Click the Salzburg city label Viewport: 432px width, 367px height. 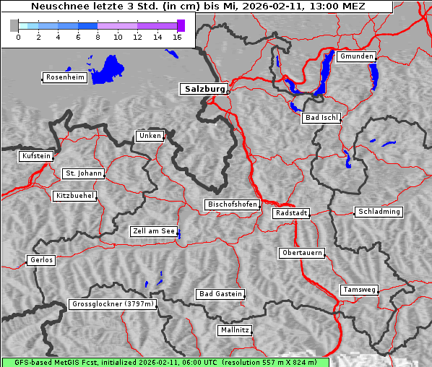coord(203,89)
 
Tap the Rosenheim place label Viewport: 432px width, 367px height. coord(64,77)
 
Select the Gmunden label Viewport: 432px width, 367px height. coord(356,56)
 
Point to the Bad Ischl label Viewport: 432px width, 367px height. coord(321,118)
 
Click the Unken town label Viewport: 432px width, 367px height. coord(150,136)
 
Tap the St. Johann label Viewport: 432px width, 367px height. coord(83,173)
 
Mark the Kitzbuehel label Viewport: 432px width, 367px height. coord(74,196)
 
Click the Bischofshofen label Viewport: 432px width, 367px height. coord(232,205)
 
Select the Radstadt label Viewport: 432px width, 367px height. coord(291,213)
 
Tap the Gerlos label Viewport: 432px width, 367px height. coord(41,260)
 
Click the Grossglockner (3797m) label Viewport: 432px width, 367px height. coord(113,305)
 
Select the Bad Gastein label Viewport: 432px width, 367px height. coord(220,294)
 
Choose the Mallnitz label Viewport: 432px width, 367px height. coord(235,330)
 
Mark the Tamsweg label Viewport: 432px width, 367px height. coord(359,290)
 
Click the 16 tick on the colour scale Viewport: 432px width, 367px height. coord(177,37)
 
